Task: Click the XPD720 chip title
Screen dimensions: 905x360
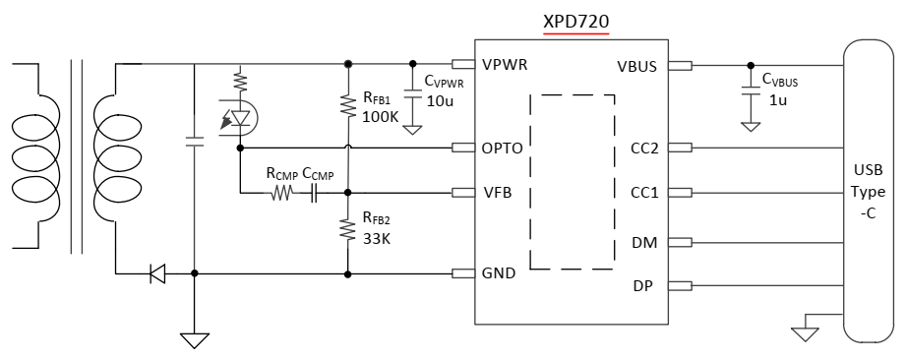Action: click(x=576, y=22)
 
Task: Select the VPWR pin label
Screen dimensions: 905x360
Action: click(x=505, y=65)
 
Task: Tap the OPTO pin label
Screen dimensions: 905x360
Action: click(x=502, y=149)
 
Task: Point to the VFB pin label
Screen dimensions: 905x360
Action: click(x=498, y=193)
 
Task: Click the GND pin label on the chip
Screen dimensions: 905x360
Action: click(x=499, y=273)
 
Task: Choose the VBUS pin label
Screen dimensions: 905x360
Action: click(x=637, y=67)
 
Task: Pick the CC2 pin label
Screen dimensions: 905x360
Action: click(x=644, y=149)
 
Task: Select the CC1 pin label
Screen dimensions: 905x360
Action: click(x=644, y=193)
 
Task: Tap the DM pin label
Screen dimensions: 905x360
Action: click(x=645, y=243)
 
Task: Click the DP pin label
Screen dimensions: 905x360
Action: click(x=643, y=285)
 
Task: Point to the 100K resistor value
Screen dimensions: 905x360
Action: click(x=381, y=116)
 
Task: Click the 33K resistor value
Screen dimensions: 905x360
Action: click(x=377, y=238)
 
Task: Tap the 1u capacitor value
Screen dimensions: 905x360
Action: click(x=778, y=99)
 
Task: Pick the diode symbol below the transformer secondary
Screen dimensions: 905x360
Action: click(x=157, y=273)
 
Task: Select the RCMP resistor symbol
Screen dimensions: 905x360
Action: click(x=280, y=193)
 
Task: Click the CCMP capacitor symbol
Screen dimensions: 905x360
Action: click(x=314, y=193)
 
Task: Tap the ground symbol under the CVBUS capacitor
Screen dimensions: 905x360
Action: click(x=751, y=126)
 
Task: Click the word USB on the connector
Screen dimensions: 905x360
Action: click(x=868, y=171)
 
